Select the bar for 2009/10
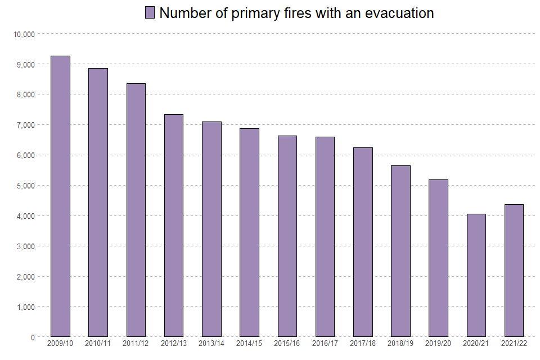coord(60,196)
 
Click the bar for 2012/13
coord(174,226)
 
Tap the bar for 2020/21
coord(476,275)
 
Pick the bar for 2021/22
coord(514,271)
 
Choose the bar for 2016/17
coord(325,237)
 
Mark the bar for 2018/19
coord(400,251)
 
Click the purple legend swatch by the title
coord(150,13)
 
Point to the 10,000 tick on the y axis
coord(24,34)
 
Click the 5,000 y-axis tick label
coord(26,186)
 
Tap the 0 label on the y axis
coord(33,337)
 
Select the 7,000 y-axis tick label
coord(26,125)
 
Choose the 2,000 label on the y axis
coord(26,277)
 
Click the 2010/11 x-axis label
coord(98,343)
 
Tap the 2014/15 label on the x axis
coord(249,343)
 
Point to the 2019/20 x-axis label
coord(438,343)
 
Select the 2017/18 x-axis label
coord(363,343)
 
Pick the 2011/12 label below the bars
coord(136,343)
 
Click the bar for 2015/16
coord(287,236)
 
